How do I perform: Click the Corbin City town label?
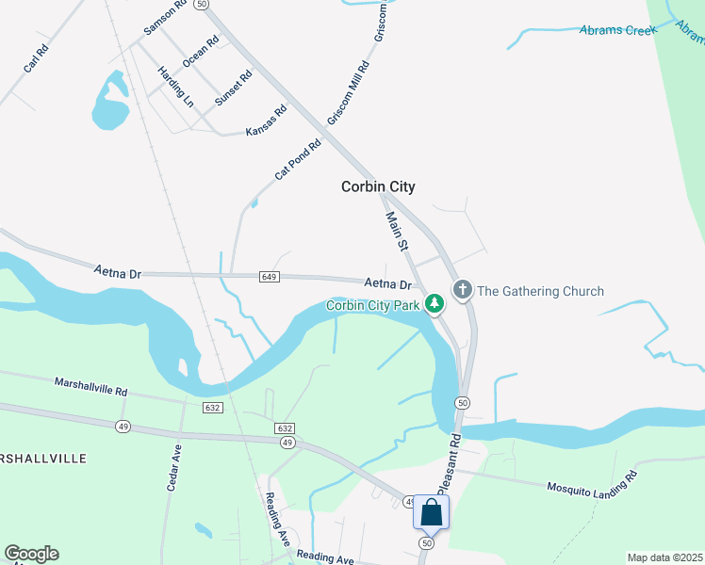click(x=378, y=187)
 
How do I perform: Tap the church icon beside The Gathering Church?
click(x=462, y=290)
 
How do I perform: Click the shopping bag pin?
click(x=432, y=513)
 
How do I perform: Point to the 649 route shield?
click(x=270, y=276)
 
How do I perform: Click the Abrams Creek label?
click(x=618, y=31)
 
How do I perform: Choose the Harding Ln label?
click(x=175, y=86)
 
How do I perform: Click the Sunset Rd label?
click(x=233, y=88)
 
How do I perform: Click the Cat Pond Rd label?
click(x=298, y=160)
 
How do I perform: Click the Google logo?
click(x=31, y=554)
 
